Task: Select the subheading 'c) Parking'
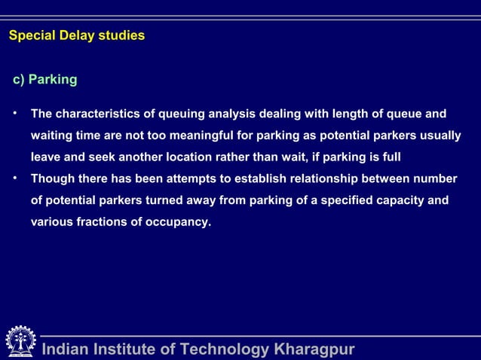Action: point(43,79)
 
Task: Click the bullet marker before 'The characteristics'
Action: point(14,114)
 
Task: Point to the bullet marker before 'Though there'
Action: point(14,178)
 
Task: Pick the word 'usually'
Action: point(438,136)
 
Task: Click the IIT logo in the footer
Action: point(20,342)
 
